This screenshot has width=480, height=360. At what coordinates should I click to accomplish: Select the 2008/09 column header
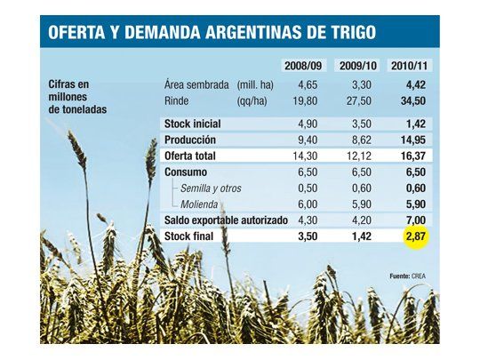pos(304,66)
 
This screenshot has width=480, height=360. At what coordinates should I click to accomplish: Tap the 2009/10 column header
pos(356,66)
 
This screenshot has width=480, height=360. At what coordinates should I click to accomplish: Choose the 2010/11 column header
pos(411,66)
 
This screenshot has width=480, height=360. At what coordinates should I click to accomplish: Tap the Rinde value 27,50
pos(356,102)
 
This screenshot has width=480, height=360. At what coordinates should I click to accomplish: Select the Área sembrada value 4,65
pos(305,84)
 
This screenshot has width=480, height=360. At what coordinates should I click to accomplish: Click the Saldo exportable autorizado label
pos(226,220)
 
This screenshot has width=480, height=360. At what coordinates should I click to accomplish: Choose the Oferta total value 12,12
pos(356,156)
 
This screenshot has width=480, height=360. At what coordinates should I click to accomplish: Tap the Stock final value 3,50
pos(305,236)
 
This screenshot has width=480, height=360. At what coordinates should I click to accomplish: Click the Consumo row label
pos(187,172)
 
